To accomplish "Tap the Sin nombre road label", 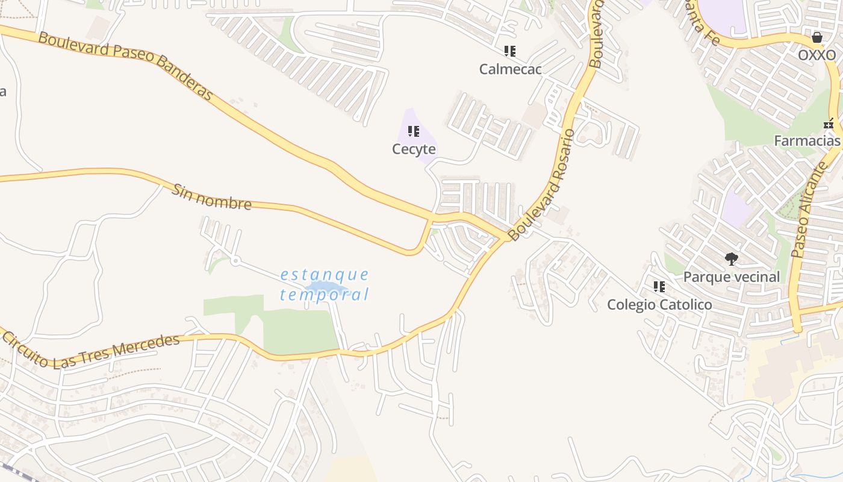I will tap(211, 197).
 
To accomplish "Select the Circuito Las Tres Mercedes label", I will tap(91, 351).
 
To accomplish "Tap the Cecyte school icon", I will tap(414, 131).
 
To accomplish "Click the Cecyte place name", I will tap(414, 149).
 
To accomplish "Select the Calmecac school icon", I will tap(510, 51).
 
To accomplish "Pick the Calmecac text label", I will tap(510, 69).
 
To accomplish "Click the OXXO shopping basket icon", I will tap(817, 37).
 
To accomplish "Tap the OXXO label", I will tap(817, 55).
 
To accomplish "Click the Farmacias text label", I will tap(807, 141).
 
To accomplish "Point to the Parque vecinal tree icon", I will tap(732, 259).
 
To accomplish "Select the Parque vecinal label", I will tap(732, 277).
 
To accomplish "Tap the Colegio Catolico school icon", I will tap(659, 287).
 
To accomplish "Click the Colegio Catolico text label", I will tap(659, 305).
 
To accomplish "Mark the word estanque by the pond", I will tap(325, 275).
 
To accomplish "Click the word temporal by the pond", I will tap(325, 295).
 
